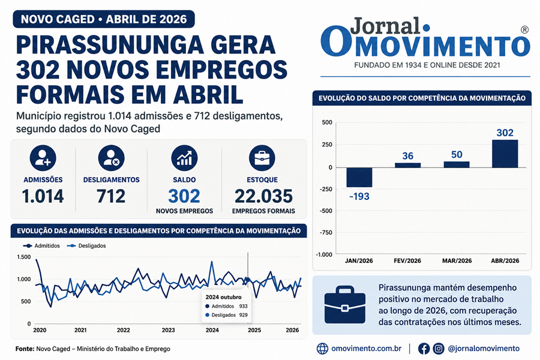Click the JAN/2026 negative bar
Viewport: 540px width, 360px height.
pos(359,178)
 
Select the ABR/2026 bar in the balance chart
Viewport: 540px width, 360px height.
pos(505,154)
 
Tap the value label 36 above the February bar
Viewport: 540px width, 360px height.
pos(408,156)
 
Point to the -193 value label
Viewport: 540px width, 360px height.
pos(359,196)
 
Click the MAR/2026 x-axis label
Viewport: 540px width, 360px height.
pos(457,261)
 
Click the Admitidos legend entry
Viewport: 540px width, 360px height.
pos(41,245)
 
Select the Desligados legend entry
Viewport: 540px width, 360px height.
pos(86,245)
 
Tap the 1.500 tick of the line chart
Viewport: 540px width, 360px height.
pos(24,257)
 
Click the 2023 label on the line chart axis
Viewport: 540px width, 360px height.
pos(168,330)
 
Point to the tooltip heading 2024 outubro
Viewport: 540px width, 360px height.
pos(224,297)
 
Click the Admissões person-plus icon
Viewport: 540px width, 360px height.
pos(43,158)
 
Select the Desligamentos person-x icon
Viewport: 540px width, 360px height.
pos(111,158)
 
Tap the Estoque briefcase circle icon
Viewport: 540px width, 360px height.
pos(262,158)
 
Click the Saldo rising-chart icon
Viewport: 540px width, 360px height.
pos(184,158)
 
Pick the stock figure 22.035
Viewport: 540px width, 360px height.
pos(263,196)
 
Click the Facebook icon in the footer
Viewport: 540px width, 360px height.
pos(424,349)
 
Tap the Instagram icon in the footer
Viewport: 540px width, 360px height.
pos(439,349)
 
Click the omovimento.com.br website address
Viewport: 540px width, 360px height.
pos(367,348)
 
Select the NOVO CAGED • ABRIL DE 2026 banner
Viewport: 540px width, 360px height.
pos(104,19)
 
